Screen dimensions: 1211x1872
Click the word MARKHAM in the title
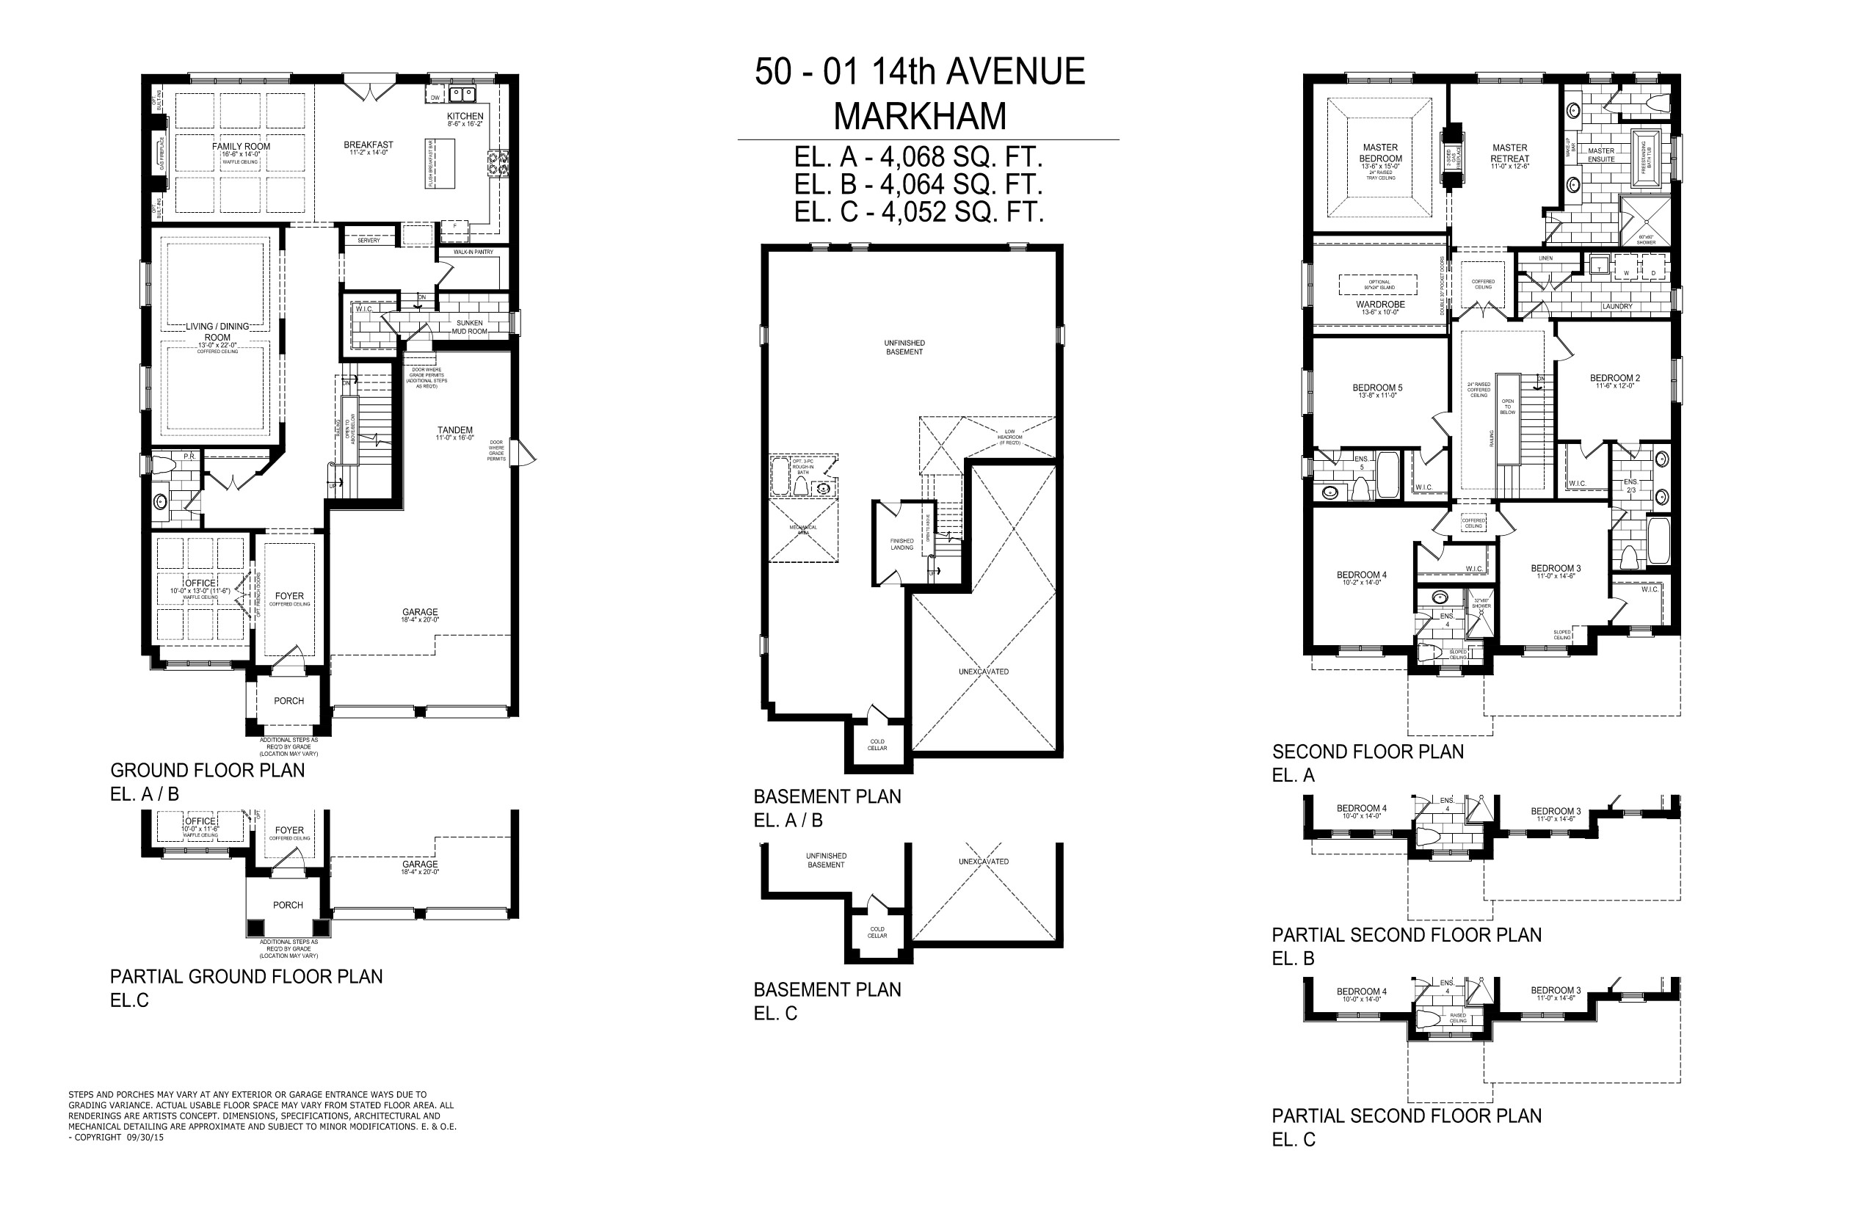pos(919,117)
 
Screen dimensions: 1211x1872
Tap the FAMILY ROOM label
pos(241,147)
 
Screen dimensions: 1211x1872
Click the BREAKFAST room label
pos(368,145)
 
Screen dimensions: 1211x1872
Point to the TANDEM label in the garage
pos(454,431)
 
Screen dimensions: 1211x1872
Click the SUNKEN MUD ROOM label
pos(470,327)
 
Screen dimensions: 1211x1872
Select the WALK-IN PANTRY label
pos(474,252)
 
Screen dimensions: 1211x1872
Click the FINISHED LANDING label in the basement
pos(902,544)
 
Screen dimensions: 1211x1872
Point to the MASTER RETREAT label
pos(1509,153)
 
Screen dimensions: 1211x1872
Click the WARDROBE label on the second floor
pos(1380,305)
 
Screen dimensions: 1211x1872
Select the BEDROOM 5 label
pos(1377,388)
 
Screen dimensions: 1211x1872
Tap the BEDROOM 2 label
pos(1615,378)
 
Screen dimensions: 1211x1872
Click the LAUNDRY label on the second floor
pos(1617,307)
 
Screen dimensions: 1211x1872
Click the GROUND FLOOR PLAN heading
pos(208,771)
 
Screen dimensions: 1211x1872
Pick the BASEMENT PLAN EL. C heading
pos(827,990)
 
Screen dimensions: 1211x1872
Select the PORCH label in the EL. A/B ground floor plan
pos(289,702)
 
